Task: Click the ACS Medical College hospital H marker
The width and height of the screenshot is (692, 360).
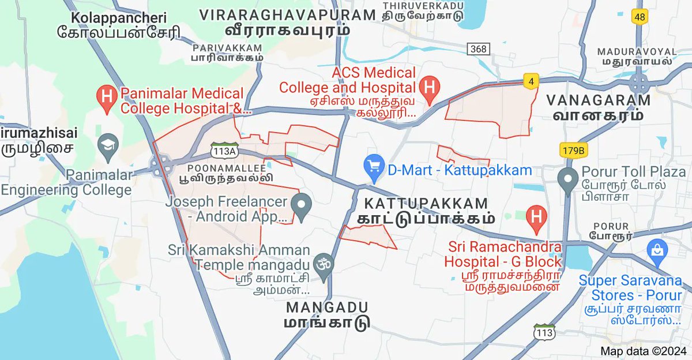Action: click(x=429, y=87)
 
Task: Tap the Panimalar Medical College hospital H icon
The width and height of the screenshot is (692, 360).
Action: click(x=106, y=95)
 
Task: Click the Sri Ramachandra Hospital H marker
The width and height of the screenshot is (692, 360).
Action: click(x=537, y=217)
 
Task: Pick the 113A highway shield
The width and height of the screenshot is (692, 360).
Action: click(x=225, y=150)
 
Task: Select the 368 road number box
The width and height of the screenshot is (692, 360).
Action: click(x=478, y=49)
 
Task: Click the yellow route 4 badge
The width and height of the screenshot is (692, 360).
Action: click(x=530, y=81)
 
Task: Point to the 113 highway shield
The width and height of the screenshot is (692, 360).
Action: click(x=544, y=333)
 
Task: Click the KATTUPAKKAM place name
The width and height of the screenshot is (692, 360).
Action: click(x=426, y=203)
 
